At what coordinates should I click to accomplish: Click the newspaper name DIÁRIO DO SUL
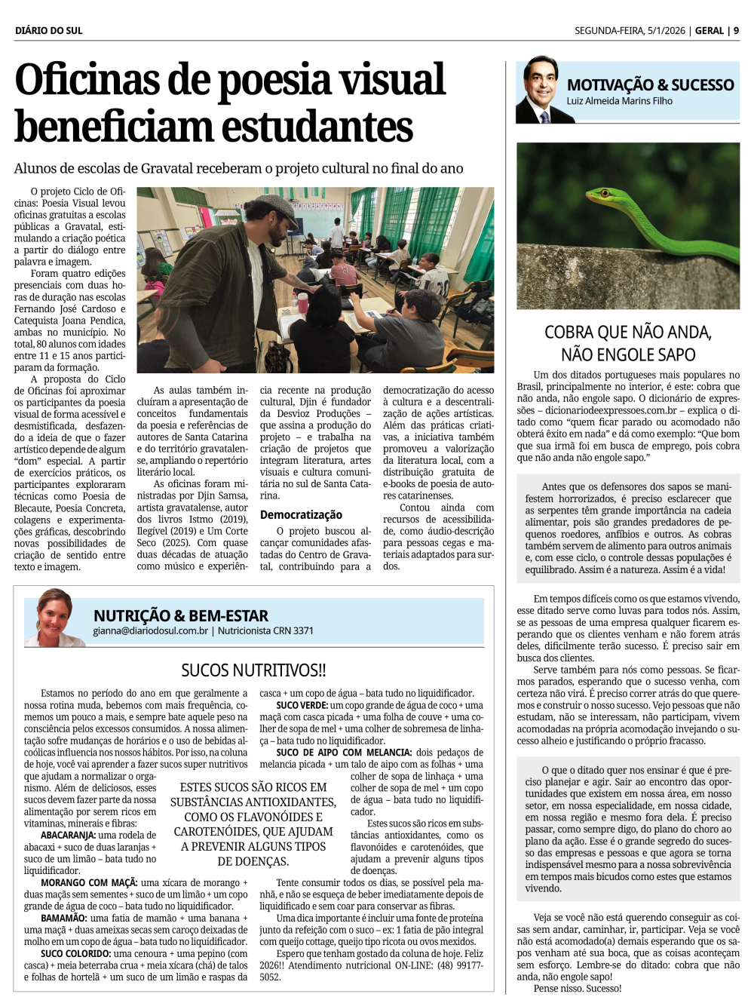[49, 30]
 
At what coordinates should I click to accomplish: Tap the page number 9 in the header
[736, 30]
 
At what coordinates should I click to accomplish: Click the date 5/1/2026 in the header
[666, 30]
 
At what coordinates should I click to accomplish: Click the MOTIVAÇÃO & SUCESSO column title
[650, 84]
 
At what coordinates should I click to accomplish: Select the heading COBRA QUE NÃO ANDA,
[627, 332]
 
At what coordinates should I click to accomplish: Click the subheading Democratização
[301, 514]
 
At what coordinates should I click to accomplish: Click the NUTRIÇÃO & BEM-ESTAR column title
[181, 615]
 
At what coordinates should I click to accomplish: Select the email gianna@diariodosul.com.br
[150, 630]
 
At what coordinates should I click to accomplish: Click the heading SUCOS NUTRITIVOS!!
[253, 670]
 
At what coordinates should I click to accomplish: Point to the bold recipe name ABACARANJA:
[68, 835]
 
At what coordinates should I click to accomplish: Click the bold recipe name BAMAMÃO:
[63, 918]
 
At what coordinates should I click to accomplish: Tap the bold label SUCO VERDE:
[302, 705]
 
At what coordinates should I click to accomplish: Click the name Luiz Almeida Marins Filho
[619, 101]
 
